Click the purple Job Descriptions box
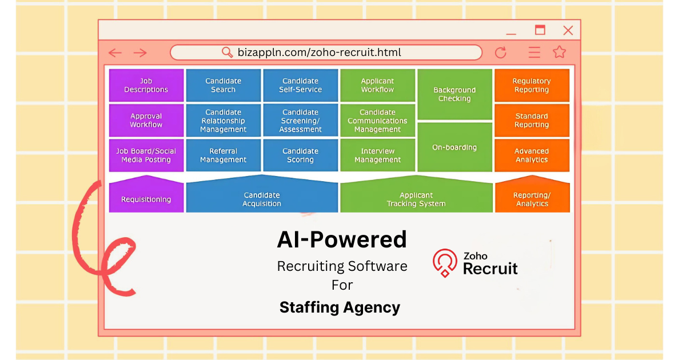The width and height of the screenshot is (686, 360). pos(146,85)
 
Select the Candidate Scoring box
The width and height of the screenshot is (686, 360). pos(300,155)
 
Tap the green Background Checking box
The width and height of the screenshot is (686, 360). pos(454,94)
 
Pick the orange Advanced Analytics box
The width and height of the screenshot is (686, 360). pos(532,155)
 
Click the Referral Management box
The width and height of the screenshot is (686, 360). pos(223,155)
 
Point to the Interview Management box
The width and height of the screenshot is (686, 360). pos(377,155)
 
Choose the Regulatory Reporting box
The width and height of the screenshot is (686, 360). pos(532,85)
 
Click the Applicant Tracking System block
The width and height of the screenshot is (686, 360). pos(416,199)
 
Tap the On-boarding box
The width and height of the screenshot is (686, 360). pos(454,147)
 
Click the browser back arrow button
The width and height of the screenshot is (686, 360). pos(115,53)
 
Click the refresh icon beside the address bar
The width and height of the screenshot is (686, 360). pos(501,53)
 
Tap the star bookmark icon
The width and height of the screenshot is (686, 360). pos(559,53)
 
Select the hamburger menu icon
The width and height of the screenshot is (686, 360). pos(535,53)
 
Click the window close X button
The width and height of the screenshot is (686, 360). pos(568,30)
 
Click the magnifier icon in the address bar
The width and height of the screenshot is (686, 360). pos(227,53)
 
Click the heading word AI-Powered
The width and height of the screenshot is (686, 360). pos(342,239)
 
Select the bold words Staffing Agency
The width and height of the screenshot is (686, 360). pos(340,307)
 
